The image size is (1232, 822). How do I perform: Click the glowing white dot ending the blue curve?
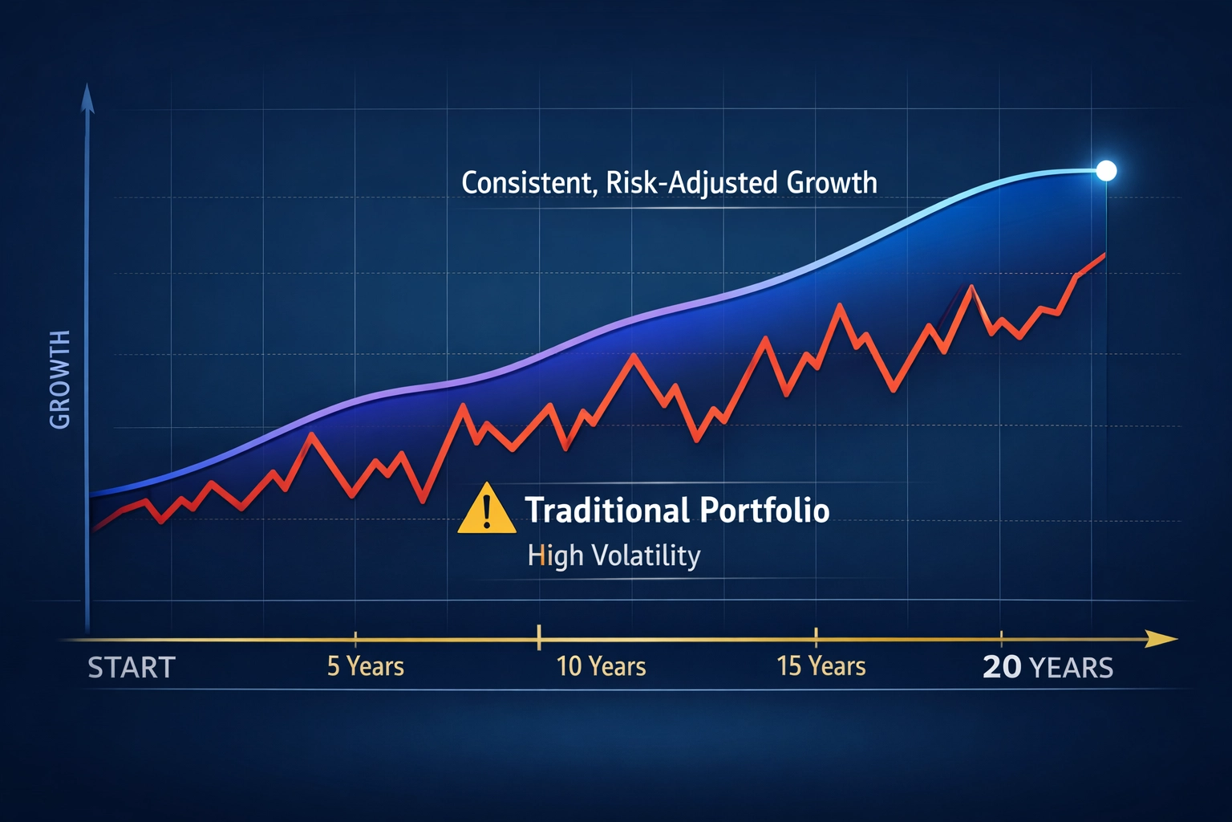click(x=1106, y=170)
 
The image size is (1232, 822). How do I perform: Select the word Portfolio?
click(x=764, y=511)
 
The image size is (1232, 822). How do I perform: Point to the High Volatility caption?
click(x=614, y=555)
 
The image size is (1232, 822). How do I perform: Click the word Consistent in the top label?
click(x=529, y=183)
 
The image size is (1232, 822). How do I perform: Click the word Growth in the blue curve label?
click(x=832, y=183)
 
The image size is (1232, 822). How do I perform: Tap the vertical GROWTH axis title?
click(x=60, y=379)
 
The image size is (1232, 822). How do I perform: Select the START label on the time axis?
click(x=132, y=668)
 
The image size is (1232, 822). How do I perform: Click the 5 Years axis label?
click(x=366, y=666)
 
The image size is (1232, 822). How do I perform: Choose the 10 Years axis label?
click(x=601, y=666)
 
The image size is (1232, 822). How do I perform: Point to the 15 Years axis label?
click(x=821, y=666)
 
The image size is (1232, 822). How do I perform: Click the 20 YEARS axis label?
click(x=1048, y=667)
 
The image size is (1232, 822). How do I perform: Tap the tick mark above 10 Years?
click(x=539, y=637)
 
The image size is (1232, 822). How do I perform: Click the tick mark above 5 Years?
click(x=355, y=639)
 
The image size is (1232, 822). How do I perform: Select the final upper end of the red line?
click(x=1105, y=255)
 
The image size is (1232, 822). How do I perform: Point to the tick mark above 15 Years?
click(x=816, y=638)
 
